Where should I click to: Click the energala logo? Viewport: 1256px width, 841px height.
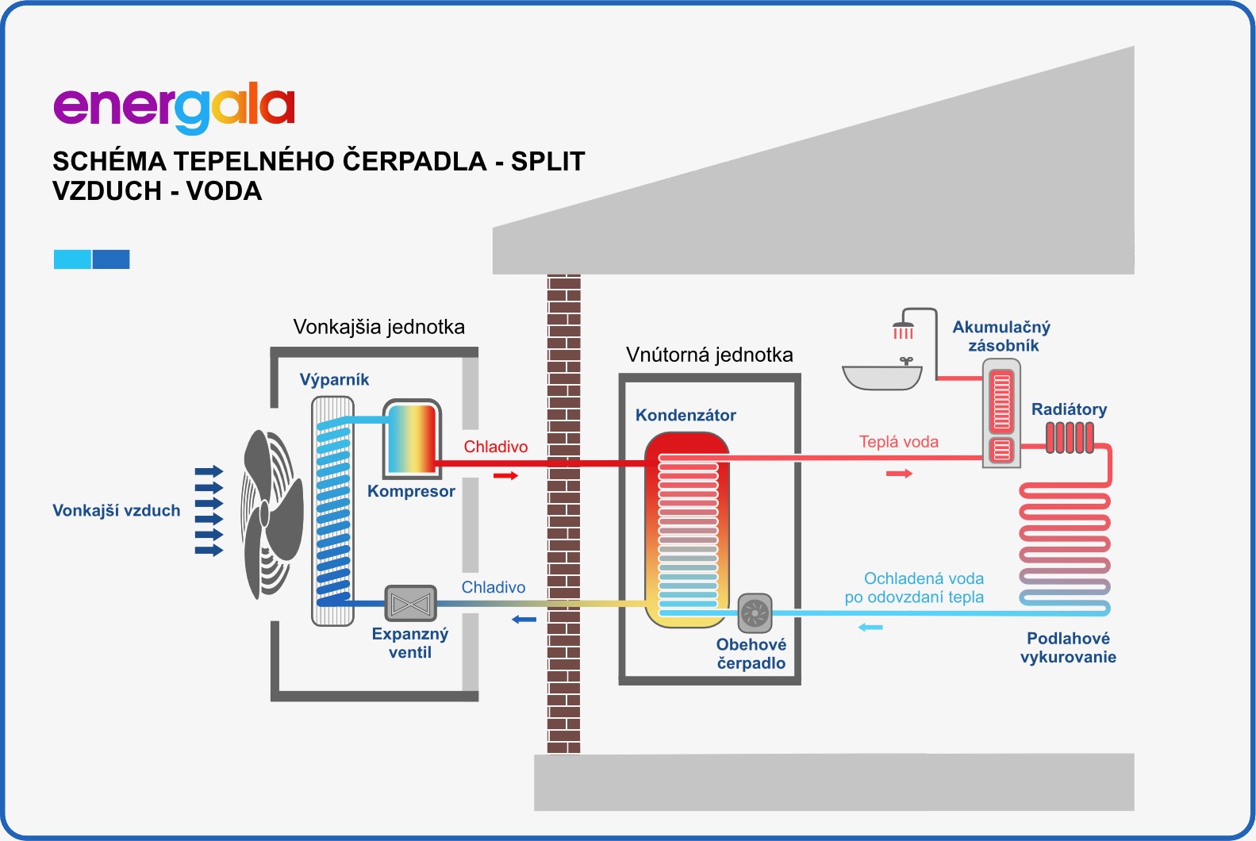[x=174, y=108]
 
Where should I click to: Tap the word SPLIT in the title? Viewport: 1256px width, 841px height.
[x=547, y=161]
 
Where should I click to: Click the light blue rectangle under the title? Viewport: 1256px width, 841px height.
[x=72, y=259]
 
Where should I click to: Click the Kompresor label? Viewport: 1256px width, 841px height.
[x=411, y=491]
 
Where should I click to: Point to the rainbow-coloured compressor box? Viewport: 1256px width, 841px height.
[x=412, y=439]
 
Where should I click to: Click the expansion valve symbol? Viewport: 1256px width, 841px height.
[x=410, y=605]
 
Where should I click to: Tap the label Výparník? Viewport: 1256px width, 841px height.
[x=334, y=379]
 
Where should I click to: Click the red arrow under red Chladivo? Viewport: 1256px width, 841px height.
[x=505, y=475]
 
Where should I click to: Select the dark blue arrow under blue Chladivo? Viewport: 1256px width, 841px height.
[x=524, y=620]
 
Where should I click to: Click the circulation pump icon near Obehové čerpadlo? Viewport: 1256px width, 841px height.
[x=755, y=613]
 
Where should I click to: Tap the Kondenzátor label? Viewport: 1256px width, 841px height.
[x=686, y=415]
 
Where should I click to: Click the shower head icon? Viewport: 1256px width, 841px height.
[x=903, y=328]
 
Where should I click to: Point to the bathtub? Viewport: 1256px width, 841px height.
[x=882, y=377]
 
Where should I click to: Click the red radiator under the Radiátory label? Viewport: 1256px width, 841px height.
[x=1069, y=438]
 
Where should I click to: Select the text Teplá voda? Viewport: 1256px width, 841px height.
[x=898, y=442]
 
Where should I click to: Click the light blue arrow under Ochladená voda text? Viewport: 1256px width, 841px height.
[x=870, y=628]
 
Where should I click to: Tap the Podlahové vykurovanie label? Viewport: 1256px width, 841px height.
[x=1068, y=647]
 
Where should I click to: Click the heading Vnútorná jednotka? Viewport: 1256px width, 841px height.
[x=709, y=355]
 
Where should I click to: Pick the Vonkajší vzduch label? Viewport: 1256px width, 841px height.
[x=116, y=510]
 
